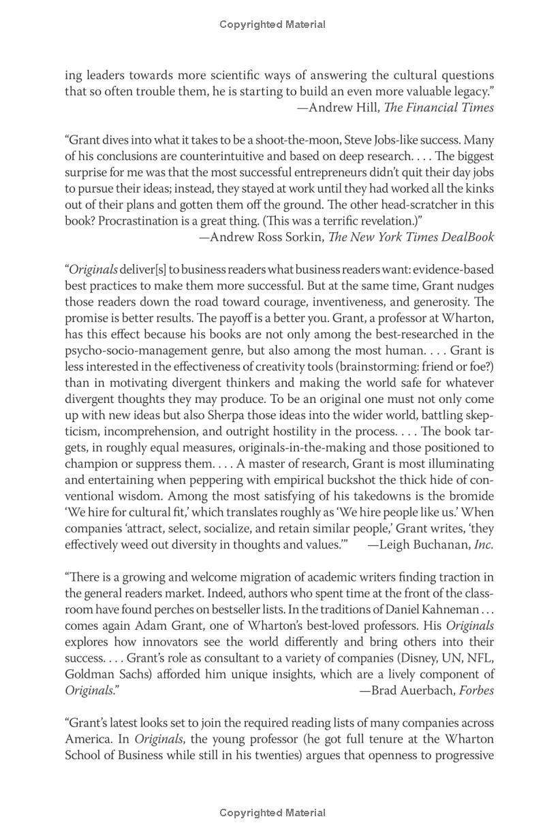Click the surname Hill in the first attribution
364,108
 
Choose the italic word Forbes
477,690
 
